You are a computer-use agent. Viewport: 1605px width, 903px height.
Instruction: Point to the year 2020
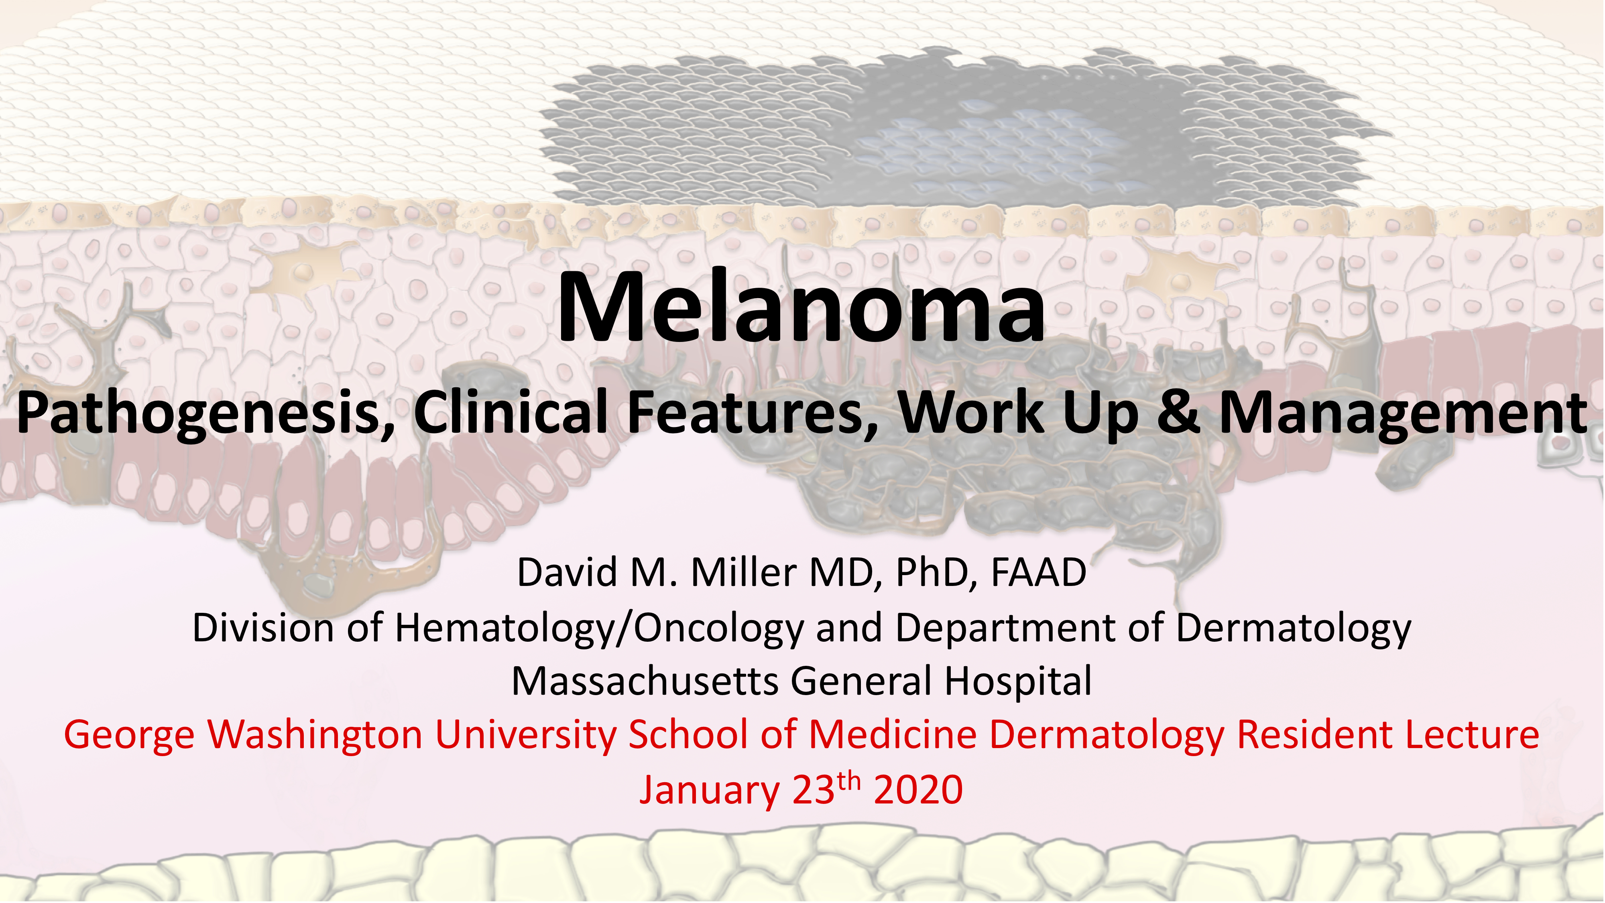tap(918, 790)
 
